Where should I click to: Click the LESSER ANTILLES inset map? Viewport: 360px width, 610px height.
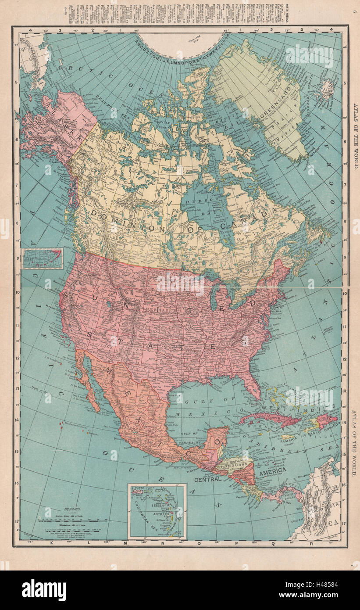tap(157, 511)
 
